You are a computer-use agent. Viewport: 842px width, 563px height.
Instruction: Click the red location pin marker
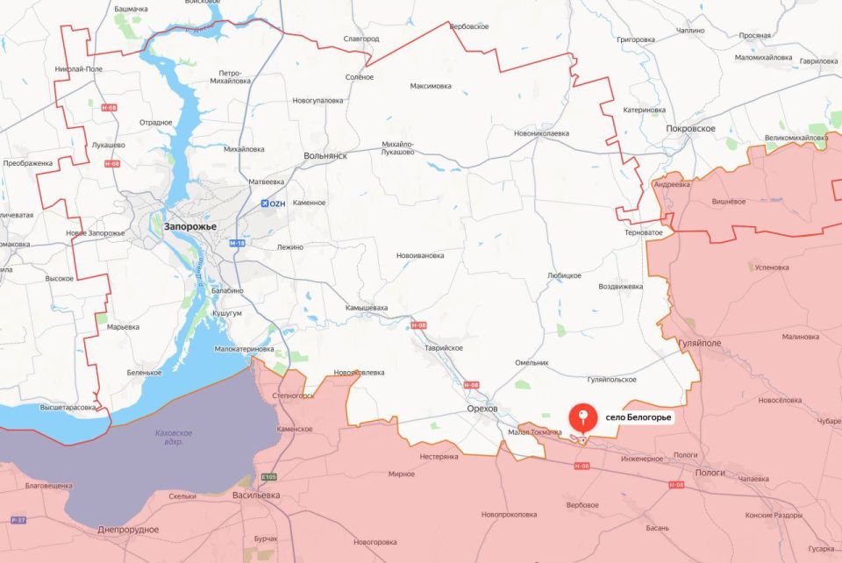[x=582, y=418]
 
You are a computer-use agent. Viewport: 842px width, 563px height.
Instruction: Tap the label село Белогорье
[x=638, y=417]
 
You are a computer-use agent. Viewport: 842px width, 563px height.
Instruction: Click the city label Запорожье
[x=189, y=226]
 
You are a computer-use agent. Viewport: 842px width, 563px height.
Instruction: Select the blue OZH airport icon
[x=265, y=203]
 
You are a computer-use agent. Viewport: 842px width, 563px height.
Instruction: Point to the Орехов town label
[x=482, y=408]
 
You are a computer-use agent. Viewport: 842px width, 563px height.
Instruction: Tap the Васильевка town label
[x=257, y=495]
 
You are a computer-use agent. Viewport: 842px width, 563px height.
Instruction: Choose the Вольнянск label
[x=325, y=155]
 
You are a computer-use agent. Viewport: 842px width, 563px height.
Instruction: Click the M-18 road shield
[x=237, y=243]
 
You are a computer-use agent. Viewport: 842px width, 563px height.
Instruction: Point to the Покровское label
[x=690, y=129]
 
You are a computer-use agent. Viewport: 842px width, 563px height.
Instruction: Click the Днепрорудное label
[x=129, y=530]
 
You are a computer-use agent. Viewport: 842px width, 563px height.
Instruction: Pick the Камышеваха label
[x=366, y=308]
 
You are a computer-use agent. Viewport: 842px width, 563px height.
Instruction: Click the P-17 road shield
[x=17, y=521]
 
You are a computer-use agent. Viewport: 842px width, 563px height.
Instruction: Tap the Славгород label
[x=361, y=39]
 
